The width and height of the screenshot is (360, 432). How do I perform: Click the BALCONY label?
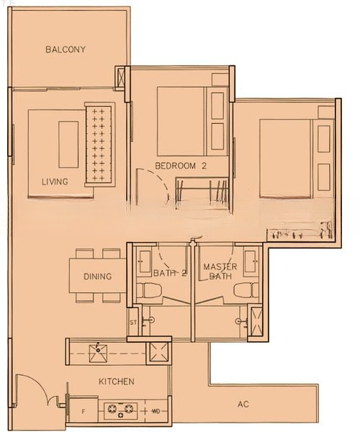coord(66,50)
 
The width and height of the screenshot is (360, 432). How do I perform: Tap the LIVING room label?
coord(55,181)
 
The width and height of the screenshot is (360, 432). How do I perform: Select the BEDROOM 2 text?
coord(181,166)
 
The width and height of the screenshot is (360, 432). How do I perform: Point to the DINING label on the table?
coord(97,276)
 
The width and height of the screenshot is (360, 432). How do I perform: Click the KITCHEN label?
coord(117,382)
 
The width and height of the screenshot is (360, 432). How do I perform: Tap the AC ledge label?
coord(243,405)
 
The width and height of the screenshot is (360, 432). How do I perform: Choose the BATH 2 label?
coord(170,274)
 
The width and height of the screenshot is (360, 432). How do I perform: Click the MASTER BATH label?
coord(220,271)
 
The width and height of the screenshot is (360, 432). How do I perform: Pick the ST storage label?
coord(133,323)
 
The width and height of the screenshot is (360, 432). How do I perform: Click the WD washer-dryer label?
coord(156,411)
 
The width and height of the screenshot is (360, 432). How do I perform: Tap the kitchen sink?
coord(97,354)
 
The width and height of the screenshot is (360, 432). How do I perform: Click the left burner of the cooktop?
coord(112,408)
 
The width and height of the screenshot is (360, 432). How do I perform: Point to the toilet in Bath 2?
coord(149,290)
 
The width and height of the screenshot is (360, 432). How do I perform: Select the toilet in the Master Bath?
coord(246,290)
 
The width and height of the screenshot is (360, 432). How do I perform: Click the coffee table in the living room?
coord(68,145)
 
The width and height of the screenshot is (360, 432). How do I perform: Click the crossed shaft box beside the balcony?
coord(121,78)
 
